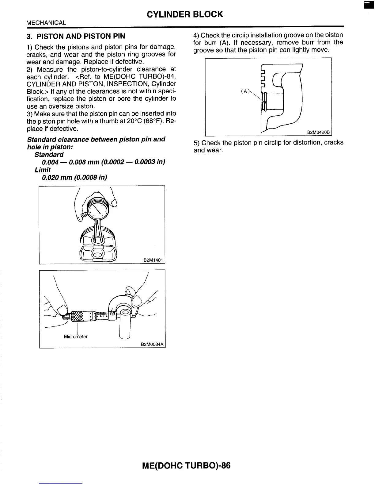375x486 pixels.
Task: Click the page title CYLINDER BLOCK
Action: pyautogui.click(x=185, y=14)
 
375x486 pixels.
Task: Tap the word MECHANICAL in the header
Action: pyautogui.click(x=46, y=23)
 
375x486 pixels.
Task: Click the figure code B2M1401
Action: pyautogui.click(x=153, y=260)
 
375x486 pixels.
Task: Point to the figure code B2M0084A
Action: pyautogui.click(x=153, y=345)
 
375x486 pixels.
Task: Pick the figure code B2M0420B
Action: pyautogui.click(x=318, y=133)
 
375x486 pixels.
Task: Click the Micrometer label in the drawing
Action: pyautogui.click(x=76, y=337)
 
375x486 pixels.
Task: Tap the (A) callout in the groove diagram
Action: pyautogui.click(x=245, y=91)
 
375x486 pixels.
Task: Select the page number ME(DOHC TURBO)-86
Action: pyautogui.click(x=186, y=466)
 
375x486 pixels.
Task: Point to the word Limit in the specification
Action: pyautogui.click(x=43, y=170)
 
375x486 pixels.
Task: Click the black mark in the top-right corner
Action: pyautogui.click(x=367, y=6)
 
